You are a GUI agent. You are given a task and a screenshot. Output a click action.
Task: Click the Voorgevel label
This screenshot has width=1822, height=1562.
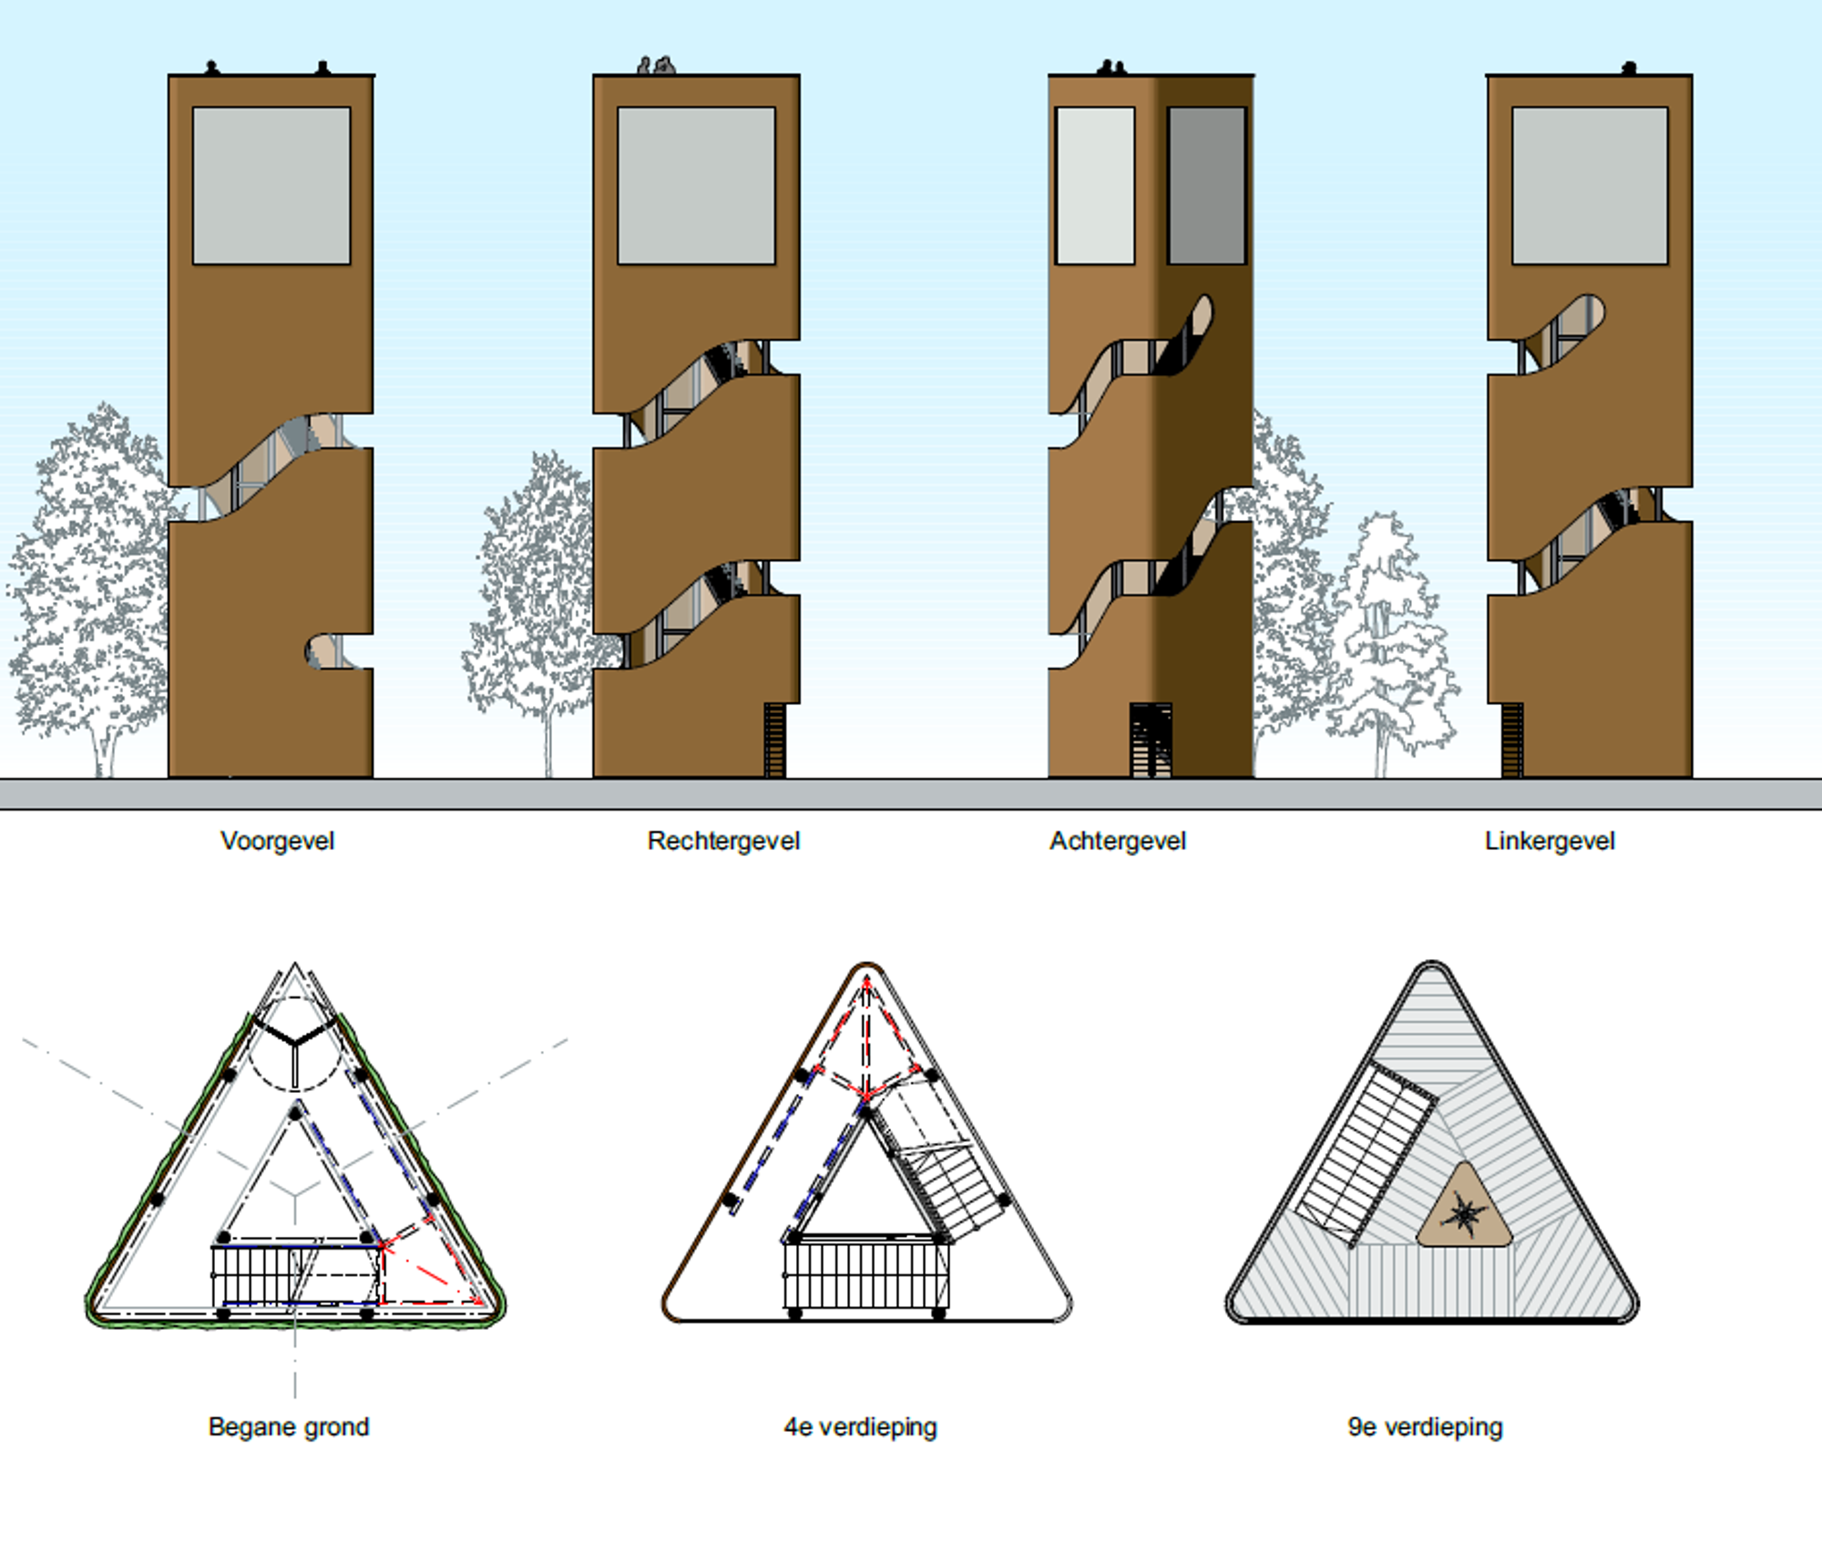[x=277, y=841]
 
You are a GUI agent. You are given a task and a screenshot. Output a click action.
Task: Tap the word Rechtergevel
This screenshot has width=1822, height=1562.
[x=723, y=841]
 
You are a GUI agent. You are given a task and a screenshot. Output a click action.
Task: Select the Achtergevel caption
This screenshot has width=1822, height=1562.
[x=1117, y=841]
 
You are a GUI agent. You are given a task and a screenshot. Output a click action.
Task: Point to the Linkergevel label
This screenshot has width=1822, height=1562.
[x=1550, y=841]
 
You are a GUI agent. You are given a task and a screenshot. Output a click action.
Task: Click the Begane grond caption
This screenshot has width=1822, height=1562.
[x=289, y=1426]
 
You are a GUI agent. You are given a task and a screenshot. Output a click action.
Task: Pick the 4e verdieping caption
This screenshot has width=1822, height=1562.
[x=860, y=1426]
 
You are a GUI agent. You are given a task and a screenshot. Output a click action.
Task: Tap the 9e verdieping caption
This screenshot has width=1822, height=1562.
[x=1425, y=1426]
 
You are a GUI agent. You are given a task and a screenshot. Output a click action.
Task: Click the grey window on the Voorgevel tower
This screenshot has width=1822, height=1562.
[x=271, y=186]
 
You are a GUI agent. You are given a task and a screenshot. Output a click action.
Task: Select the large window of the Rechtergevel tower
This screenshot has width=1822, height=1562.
[x=696, y=186]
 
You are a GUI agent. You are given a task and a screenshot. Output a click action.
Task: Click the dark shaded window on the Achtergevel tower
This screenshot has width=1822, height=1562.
[x=1206, y=186]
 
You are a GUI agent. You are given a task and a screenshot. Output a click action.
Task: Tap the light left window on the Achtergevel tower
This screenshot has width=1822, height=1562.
[x=1095, y=186]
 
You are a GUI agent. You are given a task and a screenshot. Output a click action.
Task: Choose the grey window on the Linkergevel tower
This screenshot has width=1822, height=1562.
[x=1590, y=186]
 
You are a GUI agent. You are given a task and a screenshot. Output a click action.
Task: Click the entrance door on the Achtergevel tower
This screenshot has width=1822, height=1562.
[x=1151, y=740]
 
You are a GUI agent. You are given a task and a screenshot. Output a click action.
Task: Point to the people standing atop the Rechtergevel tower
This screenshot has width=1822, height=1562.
[x=656, y=66]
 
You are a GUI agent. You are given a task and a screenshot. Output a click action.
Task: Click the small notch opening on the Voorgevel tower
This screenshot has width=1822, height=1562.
[x=332, y=651]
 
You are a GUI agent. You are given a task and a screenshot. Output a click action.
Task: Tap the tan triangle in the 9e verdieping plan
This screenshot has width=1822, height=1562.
[x=1464, y=1208]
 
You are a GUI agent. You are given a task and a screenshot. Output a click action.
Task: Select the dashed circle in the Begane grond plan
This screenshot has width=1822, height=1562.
[x=294, y=1044]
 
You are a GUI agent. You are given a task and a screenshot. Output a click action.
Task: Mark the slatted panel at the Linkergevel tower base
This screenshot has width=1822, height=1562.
[x=1511, y=740]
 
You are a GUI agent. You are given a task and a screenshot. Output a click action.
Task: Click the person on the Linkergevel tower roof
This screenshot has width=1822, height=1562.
[x=1629, y=67]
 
